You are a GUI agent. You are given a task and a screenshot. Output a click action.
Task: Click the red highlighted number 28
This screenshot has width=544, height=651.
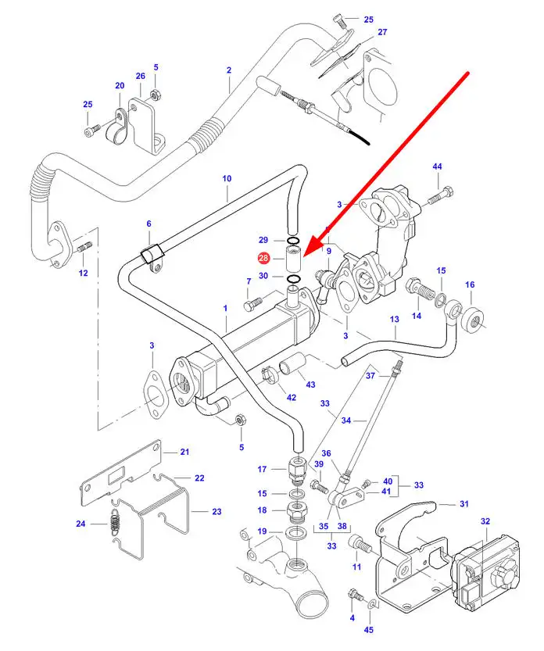[263, 258]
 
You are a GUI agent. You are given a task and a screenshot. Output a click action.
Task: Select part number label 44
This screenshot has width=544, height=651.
[438, 167]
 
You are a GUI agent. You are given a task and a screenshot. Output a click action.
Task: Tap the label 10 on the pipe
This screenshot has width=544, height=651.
[227, 179]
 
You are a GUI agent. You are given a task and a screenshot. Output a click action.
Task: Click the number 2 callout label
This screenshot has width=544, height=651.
[229, 70]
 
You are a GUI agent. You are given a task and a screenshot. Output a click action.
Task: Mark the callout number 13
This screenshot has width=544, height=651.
[395, 320]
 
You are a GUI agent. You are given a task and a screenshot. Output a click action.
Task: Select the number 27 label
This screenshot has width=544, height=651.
[382, 32]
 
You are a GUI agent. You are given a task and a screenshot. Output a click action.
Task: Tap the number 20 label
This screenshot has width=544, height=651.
[120, 86]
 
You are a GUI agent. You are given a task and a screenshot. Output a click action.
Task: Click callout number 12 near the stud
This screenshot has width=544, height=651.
[83, 273]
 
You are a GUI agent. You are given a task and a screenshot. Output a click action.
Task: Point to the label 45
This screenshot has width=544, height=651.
[369, 630]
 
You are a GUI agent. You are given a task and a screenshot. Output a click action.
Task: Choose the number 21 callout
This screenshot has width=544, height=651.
[185, 452]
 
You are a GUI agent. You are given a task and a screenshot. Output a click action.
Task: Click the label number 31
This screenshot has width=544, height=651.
[463, 503]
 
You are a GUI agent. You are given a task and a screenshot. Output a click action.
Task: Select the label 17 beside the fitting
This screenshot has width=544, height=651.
[263, 470]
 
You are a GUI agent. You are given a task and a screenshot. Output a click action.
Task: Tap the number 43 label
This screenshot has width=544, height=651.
[310, 385]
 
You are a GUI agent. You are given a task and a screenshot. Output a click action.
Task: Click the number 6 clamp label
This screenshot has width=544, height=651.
[149, 224]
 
